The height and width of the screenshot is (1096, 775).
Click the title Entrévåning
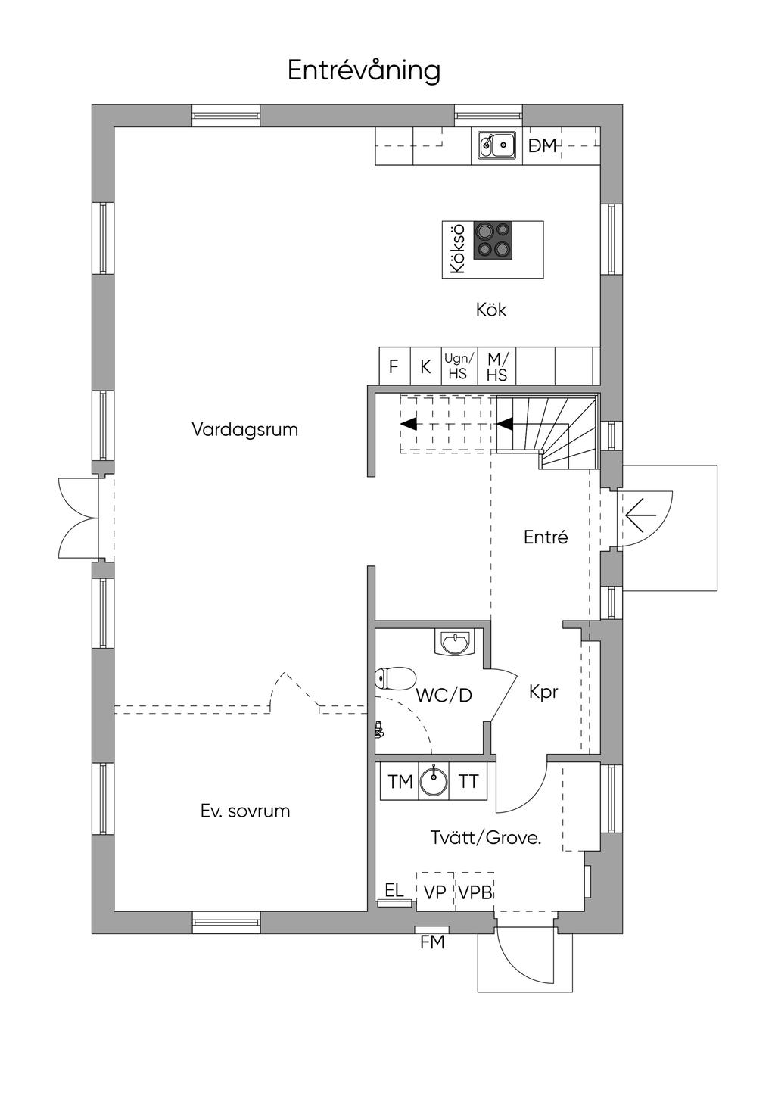tap(363, 70)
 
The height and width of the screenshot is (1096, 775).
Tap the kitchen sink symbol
tap(496, 144)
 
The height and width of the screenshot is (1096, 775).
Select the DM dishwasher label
tap(542, 145)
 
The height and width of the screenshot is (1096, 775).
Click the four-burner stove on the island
tap(493, 240)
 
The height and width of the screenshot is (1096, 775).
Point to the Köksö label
tap(456, 249)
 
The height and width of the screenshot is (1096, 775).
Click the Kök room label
tap(491, 310)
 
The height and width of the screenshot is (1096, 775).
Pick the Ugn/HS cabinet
tap(459, 366)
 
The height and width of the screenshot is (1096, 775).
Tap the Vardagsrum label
tap(244, 430)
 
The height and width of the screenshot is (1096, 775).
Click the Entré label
tap(546, 537)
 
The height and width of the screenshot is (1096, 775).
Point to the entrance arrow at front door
tap(640, 517)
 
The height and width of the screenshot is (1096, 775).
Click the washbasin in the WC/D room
tap(455, 643)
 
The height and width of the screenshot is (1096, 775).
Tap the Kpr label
tap(543, 691)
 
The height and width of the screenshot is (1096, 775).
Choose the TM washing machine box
tap(400, 782)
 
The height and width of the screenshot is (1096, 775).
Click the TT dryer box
tap(469, 782)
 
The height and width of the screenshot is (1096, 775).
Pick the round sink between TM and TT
tap(434, 782)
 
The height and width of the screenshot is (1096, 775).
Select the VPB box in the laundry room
tap(475, 892)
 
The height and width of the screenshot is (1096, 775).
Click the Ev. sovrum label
tap(245, 811)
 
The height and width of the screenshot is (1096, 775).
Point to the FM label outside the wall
tap(432, 942)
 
